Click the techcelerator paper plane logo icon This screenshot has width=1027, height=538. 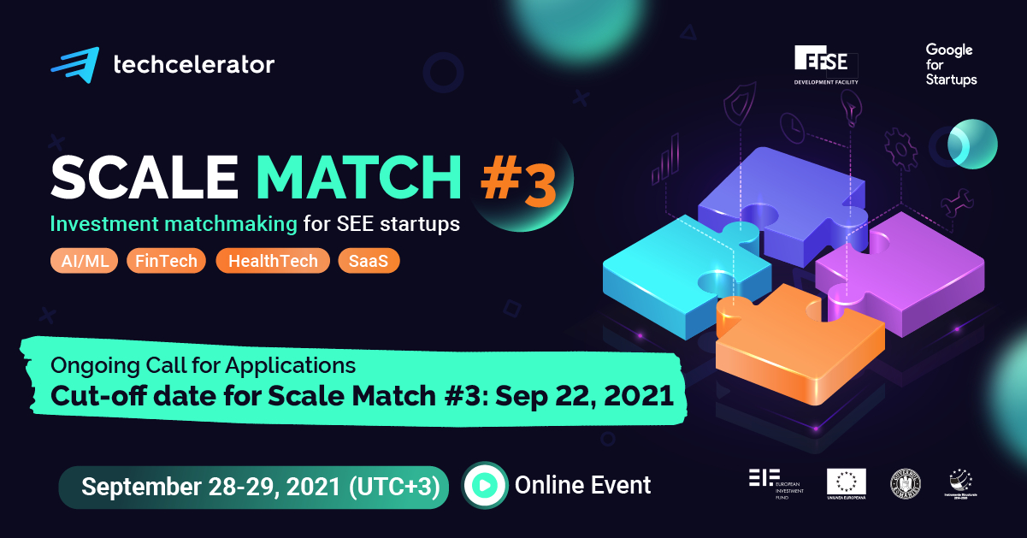(x=74, y=63)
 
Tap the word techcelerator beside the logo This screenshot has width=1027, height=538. (x=193, y=64)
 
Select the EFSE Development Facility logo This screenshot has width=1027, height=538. (x=826, y=66)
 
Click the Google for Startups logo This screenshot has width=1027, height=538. (x=950, y=64)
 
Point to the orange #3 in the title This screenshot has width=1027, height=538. (x=516, y=182)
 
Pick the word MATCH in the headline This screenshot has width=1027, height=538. (x=359, y=177)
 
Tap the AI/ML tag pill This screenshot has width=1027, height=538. (x=85, y=261)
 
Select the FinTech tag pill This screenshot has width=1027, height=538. (x=166, y=261)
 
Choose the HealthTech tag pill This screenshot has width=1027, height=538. (x=272, y=261)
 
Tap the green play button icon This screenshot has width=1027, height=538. (x=484, y=486)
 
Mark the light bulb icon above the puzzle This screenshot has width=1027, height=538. (x=850, y=108)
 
